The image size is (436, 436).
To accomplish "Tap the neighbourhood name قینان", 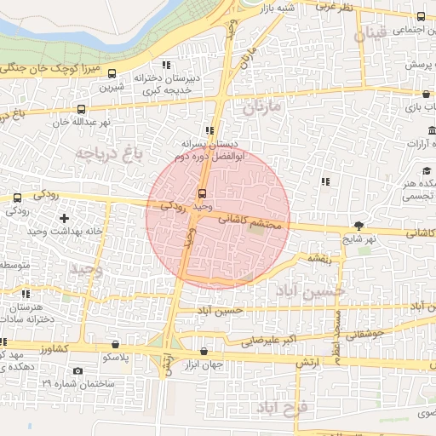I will coord(372,35).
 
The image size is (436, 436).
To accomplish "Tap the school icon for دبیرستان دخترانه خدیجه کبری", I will coord(166,65).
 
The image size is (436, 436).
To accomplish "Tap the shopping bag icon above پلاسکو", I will coord(116,345).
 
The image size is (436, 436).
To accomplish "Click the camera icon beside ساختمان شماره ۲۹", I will coord(78,371).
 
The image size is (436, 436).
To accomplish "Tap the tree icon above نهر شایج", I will coord(359,226).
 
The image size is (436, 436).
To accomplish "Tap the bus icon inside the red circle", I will coord(203,192).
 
